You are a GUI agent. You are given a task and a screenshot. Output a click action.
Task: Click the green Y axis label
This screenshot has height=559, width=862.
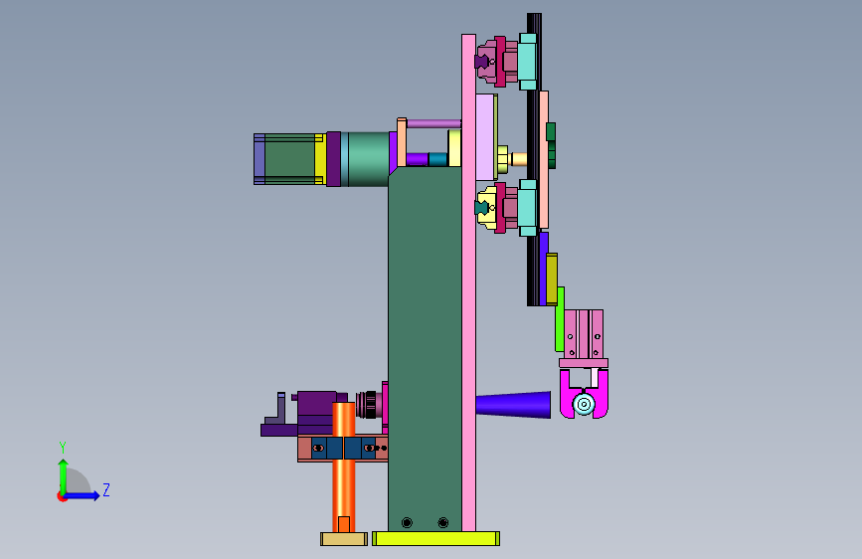click(63, 448)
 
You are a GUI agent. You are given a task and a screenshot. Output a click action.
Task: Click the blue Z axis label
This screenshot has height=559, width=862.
click(106, 489)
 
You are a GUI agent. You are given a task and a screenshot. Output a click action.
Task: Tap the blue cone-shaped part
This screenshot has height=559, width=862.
click(513, 405)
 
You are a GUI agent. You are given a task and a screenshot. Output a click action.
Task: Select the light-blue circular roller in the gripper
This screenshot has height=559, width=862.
click(584, 405)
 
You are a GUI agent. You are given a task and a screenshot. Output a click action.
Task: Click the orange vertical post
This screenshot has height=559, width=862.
click(344, 467)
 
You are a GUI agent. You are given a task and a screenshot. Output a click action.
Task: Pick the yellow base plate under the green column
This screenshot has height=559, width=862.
click(435, 539)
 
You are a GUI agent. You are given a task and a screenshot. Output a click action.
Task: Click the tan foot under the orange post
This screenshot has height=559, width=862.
click(344, 539)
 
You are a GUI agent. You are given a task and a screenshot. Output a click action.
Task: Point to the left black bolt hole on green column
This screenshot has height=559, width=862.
click(407, 522)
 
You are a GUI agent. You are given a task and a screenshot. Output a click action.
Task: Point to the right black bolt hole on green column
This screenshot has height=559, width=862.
click(443, 522)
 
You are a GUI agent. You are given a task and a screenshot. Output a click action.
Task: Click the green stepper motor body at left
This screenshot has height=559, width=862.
click(289, 159)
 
